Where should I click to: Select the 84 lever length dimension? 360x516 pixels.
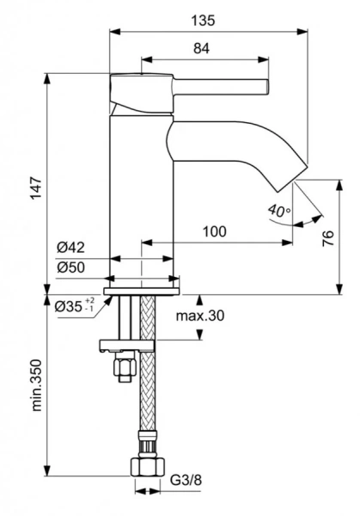[201, 49]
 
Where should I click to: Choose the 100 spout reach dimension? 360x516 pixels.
[215, 231]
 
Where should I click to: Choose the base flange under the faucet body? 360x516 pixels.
[143, 282]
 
